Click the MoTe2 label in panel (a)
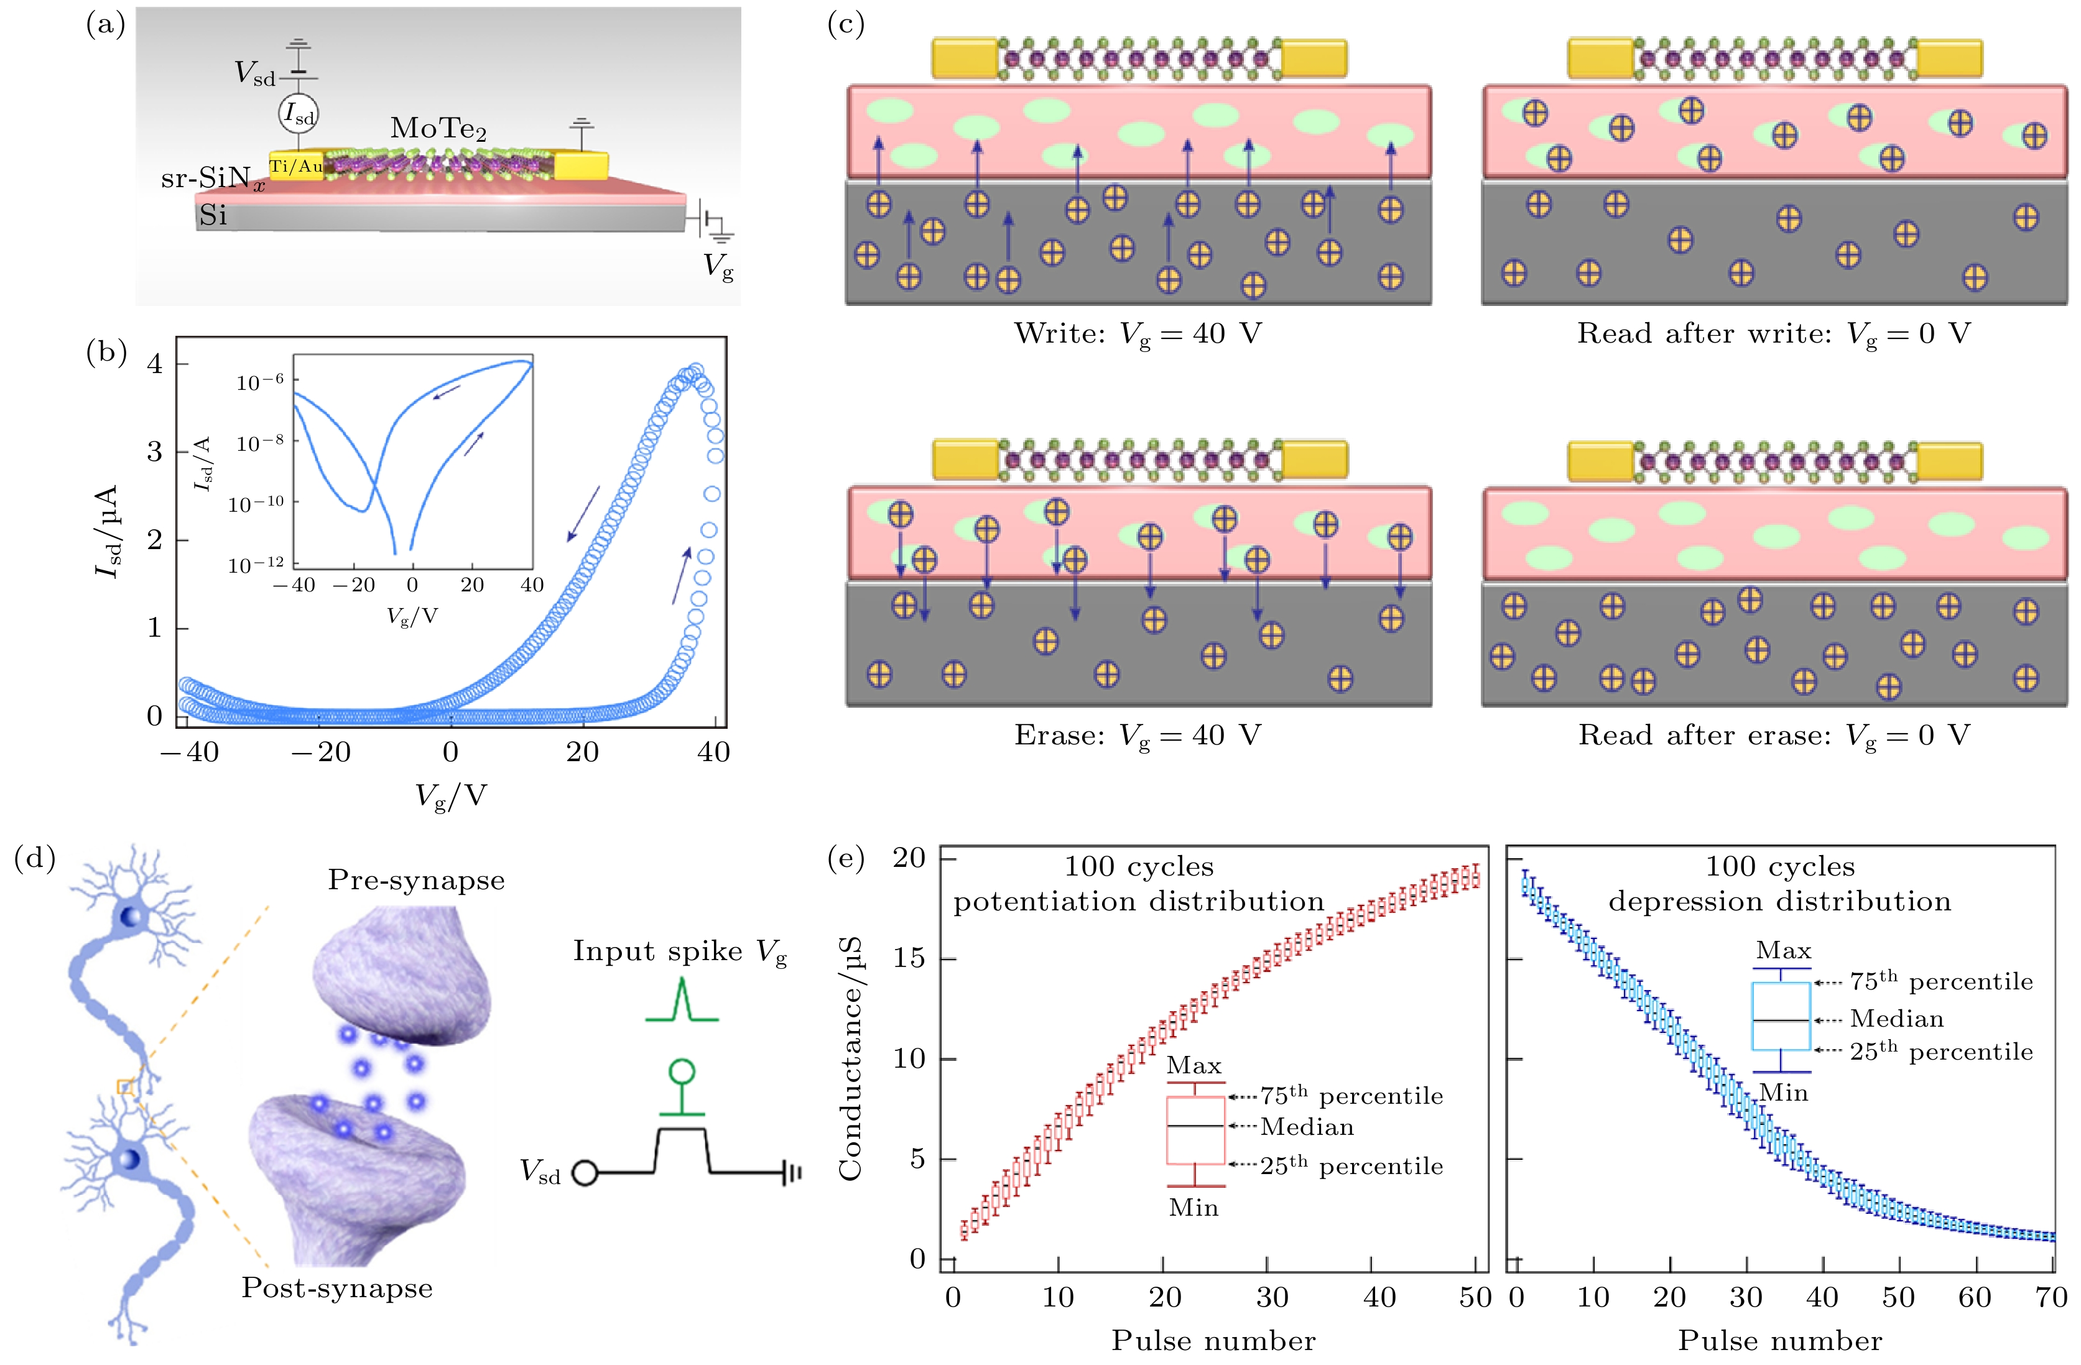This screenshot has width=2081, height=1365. coord(437,129)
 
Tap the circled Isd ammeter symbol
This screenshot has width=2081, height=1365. coord(298,114)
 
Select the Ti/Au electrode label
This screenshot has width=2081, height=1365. coord(295,165)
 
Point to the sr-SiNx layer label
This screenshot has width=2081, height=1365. coord(213,179)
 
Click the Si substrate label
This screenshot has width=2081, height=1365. coord(213,215)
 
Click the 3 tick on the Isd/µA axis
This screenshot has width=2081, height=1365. coord(155,451)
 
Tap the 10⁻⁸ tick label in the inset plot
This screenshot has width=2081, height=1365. coord(260,443)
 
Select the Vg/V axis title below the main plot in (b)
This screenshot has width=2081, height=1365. coord(450,796)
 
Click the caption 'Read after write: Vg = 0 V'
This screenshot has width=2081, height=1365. coord(1773,334)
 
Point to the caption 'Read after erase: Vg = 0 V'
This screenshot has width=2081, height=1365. coord(1773,736)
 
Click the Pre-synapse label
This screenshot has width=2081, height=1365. coord(416,880)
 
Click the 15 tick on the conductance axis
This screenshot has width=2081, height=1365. coord(909,958)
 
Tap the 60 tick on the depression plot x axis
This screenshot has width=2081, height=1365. coord(1974,1297)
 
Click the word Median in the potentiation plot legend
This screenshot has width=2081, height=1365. coord(1307,1127)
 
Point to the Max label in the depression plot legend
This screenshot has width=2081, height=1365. coord(1784,950)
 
